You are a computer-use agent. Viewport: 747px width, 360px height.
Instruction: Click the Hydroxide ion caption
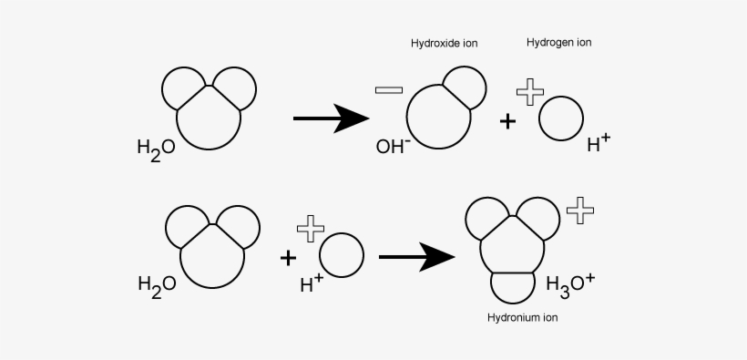pos(444,43)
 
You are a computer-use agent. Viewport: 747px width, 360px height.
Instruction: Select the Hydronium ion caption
pos(522,318)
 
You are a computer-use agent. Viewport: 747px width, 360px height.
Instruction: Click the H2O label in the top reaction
pos(155,148)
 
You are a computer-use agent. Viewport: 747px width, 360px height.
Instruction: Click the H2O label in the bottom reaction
pos(157,283)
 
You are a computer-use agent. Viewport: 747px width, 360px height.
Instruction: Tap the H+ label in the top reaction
pos(599,142)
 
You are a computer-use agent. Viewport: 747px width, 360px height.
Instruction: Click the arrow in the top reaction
pos(330,118)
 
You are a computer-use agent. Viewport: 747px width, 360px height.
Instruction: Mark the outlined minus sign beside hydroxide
pos(388,89)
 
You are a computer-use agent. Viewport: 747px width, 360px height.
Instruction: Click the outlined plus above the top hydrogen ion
pos(529,91)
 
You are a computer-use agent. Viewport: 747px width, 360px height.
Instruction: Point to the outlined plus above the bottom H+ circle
pos(311,229)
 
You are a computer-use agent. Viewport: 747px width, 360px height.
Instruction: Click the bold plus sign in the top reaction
pos(508,121)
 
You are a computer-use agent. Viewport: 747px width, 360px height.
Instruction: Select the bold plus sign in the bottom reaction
pos(289,258)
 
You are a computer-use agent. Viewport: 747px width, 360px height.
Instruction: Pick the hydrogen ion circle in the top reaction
pos(560,119)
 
